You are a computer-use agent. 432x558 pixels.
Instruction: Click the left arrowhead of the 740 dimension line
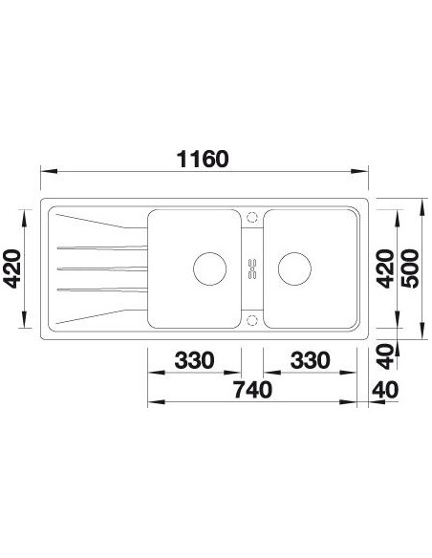pos(150,402)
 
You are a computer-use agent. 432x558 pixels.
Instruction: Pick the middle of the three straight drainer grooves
pos(101,267)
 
